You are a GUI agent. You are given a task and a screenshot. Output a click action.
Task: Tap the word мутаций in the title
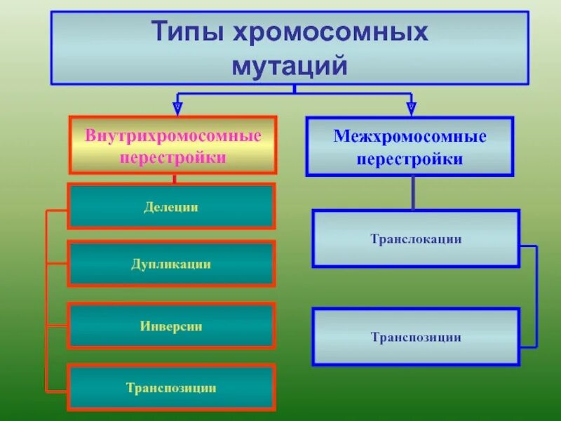point(290,65)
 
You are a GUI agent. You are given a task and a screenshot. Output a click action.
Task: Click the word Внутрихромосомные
point(173,135)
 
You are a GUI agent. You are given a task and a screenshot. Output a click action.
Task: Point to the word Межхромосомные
point(410,136)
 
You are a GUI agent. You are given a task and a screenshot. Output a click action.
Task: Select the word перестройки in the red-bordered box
point(173,157)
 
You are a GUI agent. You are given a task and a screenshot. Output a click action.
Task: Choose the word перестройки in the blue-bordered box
point(410,159)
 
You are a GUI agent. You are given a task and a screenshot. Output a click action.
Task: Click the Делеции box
point(171,206)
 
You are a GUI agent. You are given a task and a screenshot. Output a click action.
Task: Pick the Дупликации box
point(171,263)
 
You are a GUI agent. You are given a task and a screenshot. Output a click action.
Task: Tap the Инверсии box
point(171,326)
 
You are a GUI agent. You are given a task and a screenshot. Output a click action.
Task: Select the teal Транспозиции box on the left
point(171,387)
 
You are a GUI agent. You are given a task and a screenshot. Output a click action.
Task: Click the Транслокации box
point(416,239)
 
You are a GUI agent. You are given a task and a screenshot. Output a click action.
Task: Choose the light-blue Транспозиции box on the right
point(416,337)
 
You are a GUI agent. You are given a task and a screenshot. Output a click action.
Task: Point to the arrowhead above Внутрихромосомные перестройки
point(178,108)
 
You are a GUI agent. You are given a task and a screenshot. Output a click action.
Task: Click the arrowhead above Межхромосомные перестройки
point(412,108)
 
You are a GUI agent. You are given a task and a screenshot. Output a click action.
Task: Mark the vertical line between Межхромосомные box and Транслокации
point(413,192)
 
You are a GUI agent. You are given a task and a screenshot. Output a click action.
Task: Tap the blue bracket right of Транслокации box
point(536,295)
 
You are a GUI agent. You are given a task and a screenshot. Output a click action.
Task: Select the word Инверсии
point(171,326)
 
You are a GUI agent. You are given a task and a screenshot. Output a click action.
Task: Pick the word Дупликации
point(171,264)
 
